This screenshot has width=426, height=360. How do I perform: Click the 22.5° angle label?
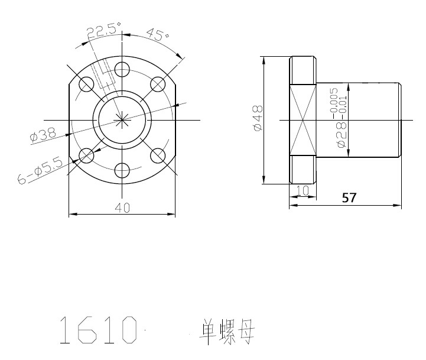pyautogui.click(x=104, y=30)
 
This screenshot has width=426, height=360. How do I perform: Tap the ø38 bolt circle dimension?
pyautogui.click(x=43, y=135)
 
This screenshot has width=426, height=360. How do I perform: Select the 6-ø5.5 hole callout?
pyautogui.click(x=40, y=171)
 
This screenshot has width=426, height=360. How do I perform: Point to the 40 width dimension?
pyautogui.click(x=122, y=208)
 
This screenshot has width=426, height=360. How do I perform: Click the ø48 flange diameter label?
pyautogui.click(x=258, y=118)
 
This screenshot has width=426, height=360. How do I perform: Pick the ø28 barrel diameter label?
pyautogui.click(x=342, y=135)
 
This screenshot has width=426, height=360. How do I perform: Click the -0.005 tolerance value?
pyautogui.click(x=334, y=103)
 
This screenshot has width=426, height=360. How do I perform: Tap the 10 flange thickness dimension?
pyautogui.click(x=302, y=190)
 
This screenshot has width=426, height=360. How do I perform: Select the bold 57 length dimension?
pyautogui.click(x=349, y=197)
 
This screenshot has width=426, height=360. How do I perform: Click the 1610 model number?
pyautogui.click(x=98, y=330)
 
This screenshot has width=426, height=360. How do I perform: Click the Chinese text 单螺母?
pyautogui.click(x=227, y=332)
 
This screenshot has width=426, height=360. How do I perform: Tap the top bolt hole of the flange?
pyautogui.click(x=122, y=69)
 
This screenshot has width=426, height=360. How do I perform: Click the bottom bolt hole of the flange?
pyautogui.click(x=122, y=170)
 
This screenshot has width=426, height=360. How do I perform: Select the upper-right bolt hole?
pyautogui.click(x=158, y=85)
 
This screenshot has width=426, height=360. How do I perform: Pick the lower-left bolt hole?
pyautogui.click(x=86, y=155)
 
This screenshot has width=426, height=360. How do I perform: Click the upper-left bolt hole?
pyautogui.click(x=86, y=85)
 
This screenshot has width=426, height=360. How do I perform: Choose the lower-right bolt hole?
pyautogui.click(x=158, y=155)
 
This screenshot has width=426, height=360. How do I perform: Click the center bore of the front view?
pyautogui.click(x=122, y=120)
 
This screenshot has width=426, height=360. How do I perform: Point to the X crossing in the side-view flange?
pyautogui.click(x=303, y=120)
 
